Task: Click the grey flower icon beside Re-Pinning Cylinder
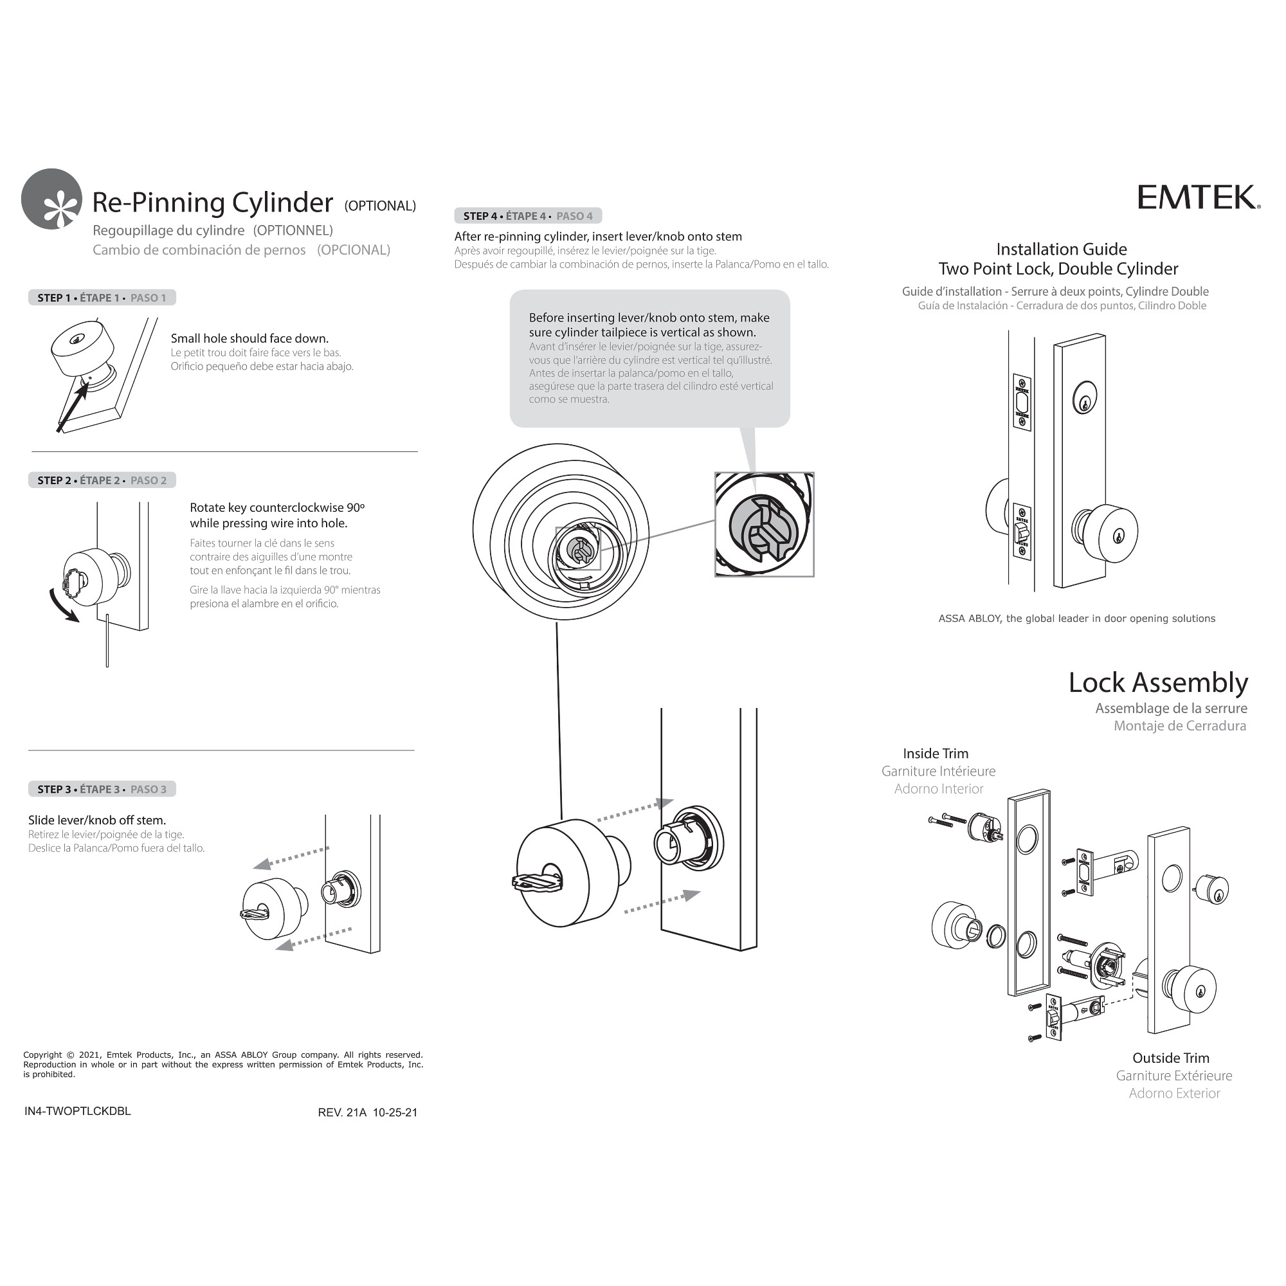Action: pyautogui.click(x=52, y=199)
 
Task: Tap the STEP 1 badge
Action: pyautogui.click(x=102, y=298)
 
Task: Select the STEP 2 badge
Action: pyautogui.click(x=102, y=480)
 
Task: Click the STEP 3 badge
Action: pyautogui.click(x=102, y=789)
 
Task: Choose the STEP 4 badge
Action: pyautogui.click(x=528, y=215)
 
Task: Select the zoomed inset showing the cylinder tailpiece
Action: pyautogui.click(x=764, y=525)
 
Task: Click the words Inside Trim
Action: pyautogui.click(x=935, y=754)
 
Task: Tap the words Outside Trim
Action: pyautogui.click(x=1170, y=1058)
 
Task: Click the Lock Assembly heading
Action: pyautogui.click(x=1157, y=683)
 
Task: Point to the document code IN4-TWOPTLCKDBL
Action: pyautogui.click(x=77, y=1111)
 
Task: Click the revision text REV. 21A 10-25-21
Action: pyautogui.click(x=367, y=1112)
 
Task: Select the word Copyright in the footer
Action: pyautogui.click(x=42, y=1055)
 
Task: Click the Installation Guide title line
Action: pyautogui.click(x=1061, y=249)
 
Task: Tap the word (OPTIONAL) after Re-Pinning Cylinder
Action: pyautogui.click(x=379, y=206)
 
